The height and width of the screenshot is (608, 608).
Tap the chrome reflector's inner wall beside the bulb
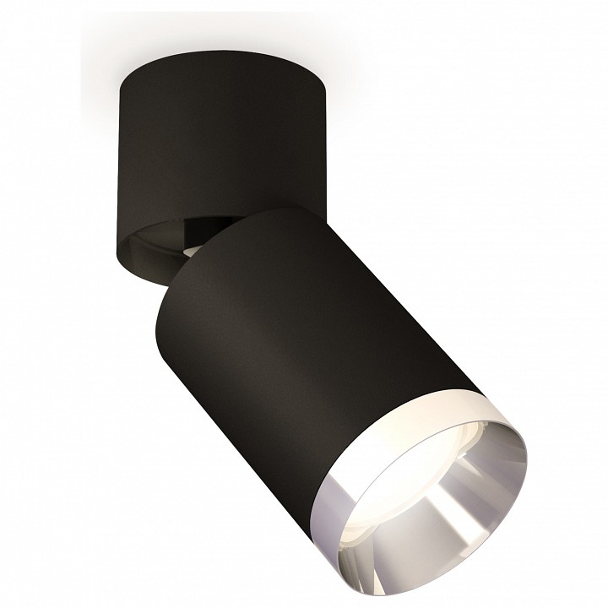[x=456, y=524]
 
